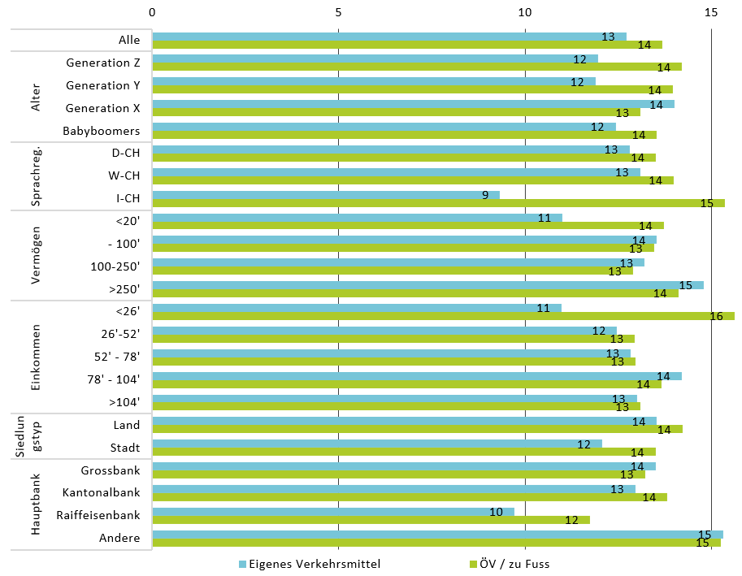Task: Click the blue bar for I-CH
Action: [325, 195]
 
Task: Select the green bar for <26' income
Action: [443, 316]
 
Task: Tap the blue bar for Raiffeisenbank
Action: [333, 512]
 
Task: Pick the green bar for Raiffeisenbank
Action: [371, 520]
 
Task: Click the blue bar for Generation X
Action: [413, 104]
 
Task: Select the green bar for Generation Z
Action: [417, 67]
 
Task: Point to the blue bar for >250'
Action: [427, 285]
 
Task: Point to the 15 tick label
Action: [711, 13]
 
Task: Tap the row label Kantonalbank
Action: [102, 492]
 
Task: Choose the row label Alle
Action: [129, 40]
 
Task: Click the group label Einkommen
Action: [36, 357]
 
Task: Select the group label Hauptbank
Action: [36, 504]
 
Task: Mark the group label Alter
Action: [36, 97]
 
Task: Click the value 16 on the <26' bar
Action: [716, 316]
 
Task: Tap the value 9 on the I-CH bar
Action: [485, 195]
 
